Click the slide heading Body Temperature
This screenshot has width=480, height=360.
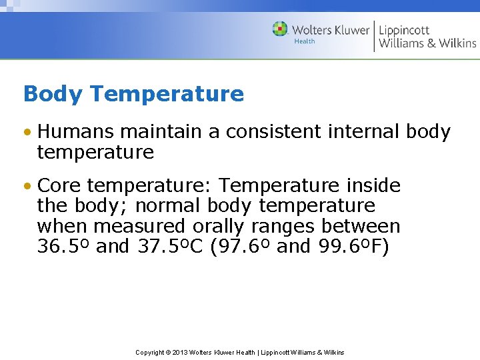[x=133, y=94]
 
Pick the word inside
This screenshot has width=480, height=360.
[x=375, y=185]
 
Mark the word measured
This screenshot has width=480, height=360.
[x=140, y=226]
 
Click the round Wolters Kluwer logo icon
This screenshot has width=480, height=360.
[x=280, y=29]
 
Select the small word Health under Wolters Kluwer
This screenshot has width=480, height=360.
[x=305, y=41]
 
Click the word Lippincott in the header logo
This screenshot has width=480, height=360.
[x=404, y=30]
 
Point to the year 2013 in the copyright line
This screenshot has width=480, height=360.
[x=181, y=352]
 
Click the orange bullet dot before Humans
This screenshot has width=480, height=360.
[x=27, y=133]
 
